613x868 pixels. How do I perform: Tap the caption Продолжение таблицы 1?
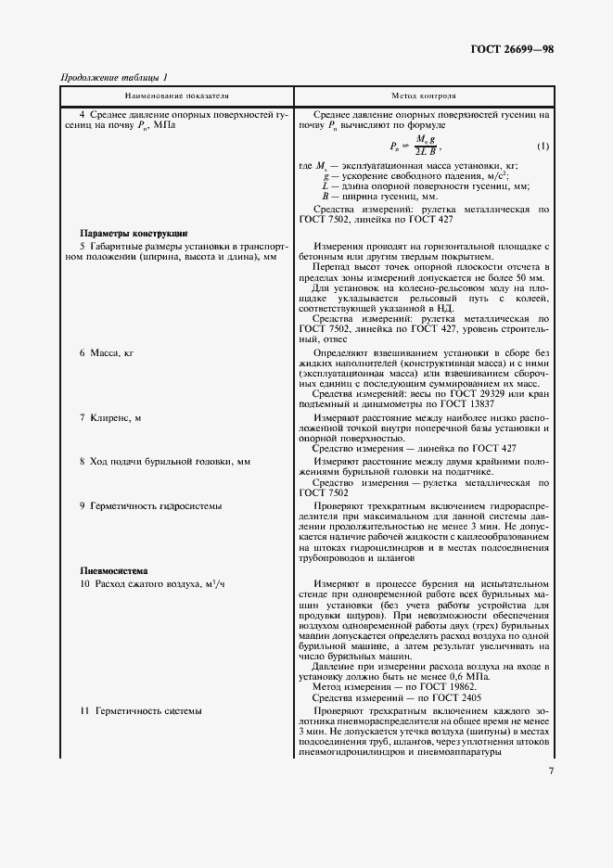point(114,78)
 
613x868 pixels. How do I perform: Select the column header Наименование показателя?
point(177,96)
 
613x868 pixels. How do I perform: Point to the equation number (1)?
point(543,147)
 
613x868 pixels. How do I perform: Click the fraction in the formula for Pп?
point(426,146)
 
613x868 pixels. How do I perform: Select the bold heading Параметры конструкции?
point(134,233)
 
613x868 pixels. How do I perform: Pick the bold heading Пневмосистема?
point(114,570)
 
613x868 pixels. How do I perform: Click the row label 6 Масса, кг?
point(109,354)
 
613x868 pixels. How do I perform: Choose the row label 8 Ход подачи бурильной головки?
point(165,461)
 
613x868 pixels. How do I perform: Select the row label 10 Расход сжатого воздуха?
point(148,584)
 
